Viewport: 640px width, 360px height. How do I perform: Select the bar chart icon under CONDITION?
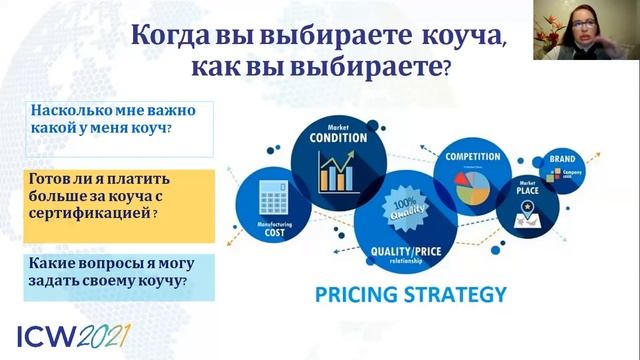click(338, 174)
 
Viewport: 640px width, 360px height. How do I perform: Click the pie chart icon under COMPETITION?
click(470, 185)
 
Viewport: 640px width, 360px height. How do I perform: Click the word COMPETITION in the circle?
click(472, 157)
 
